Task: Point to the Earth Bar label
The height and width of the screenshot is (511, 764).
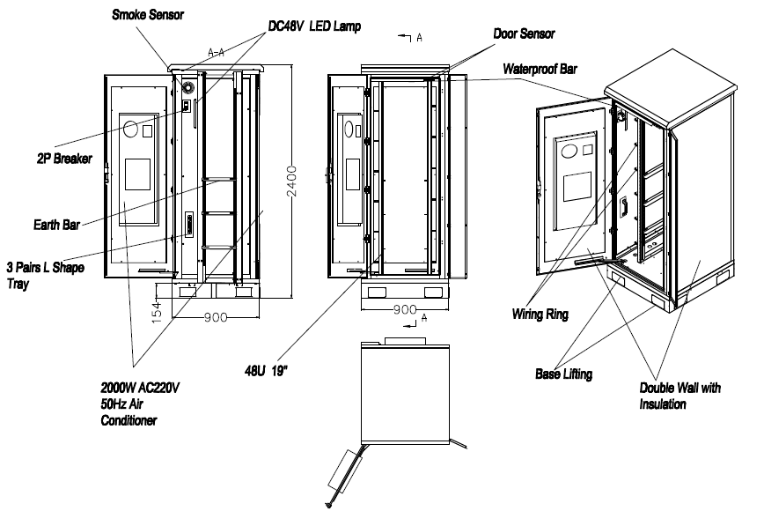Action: (55, 224)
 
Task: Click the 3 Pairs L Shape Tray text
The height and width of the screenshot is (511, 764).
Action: (45, 274)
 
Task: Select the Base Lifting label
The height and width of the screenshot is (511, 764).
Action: (562, 374)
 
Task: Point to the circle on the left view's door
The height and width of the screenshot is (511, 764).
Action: (131, 130)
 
